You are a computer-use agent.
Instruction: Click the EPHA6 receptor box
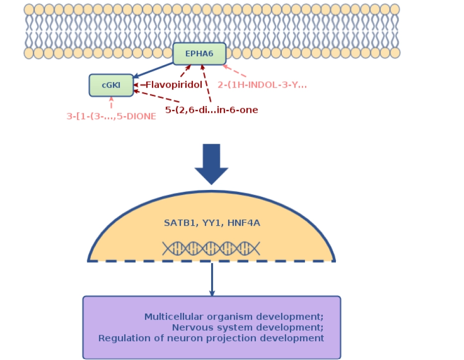(x=199, y=54)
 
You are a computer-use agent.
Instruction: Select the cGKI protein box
(x=111, y=85)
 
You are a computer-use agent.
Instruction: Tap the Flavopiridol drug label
(x=173, y=85)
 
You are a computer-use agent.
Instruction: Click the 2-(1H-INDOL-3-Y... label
(x=263, y=85)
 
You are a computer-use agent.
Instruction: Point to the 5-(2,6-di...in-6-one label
(x=212, y=110)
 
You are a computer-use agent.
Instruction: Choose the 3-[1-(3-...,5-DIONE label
(x=111, y=116)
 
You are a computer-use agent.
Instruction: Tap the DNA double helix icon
(x=211, y=247)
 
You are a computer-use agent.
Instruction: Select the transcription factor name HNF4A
(x=243, y=223)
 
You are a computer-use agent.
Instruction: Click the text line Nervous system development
(x=247, y=327)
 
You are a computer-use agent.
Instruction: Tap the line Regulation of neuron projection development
(x=211, y=338)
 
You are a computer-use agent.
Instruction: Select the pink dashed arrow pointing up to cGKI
(x=111, y=103)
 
